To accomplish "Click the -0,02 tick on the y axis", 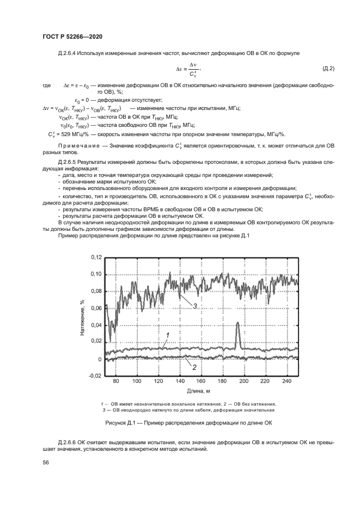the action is click(95, 376).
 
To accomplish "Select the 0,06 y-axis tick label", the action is click(95, 308).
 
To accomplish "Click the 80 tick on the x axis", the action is click(116, 382).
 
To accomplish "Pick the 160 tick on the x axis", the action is click(201, 382).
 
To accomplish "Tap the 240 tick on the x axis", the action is click(286, 382).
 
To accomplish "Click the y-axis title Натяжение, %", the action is click(82, 316).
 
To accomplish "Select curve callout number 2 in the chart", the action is click(194, 367).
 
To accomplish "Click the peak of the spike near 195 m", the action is click(238, 323).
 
